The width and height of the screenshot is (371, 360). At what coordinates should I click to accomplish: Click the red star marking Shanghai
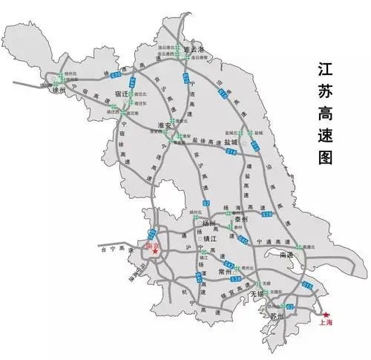click(x=327, y=314)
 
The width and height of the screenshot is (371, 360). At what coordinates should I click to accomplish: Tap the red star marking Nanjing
click(x=156, y=252)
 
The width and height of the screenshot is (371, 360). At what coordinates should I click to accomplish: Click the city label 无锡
click(x=257, y=295)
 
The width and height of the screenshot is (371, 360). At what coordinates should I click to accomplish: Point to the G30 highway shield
click(x=116, y=76)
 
